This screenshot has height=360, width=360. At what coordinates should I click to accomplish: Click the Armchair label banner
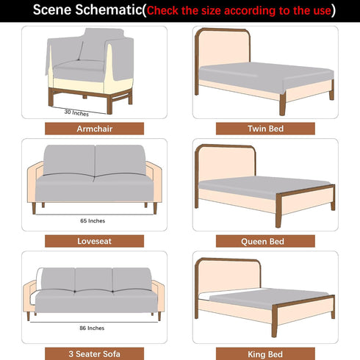pos(94,129)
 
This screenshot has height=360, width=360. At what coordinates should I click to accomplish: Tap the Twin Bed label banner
pos(265,129)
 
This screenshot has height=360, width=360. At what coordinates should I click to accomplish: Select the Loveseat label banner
pos(94,241)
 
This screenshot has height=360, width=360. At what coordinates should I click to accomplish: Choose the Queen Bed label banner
pos(265,241)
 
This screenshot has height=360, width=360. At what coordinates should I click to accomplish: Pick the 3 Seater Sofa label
pos(94,353)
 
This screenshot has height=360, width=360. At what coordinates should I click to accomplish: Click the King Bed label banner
pos(265,353)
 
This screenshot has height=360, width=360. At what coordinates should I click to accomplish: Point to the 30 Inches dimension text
pos(76,112)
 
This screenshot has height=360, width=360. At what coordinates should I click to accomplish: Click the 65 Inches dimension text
pos(93,221)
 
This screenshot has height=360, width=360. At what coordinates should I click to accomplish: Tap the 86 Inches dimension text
pos(92,328)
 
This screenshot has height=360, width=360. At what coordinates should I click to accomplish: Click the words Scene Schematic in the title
pos(87,10)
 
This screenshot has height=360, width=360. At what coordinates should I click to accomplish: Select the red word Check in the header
pos(162,11)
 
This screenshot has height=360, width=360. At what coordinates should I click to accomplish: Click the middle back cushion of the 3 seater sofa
pos(93,279)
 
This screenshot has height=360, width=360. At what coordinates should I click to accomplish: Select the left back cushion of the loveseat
pos(69,160)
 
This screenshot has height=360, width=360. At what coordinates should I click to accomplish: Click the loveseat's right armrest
pos(154,181)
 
